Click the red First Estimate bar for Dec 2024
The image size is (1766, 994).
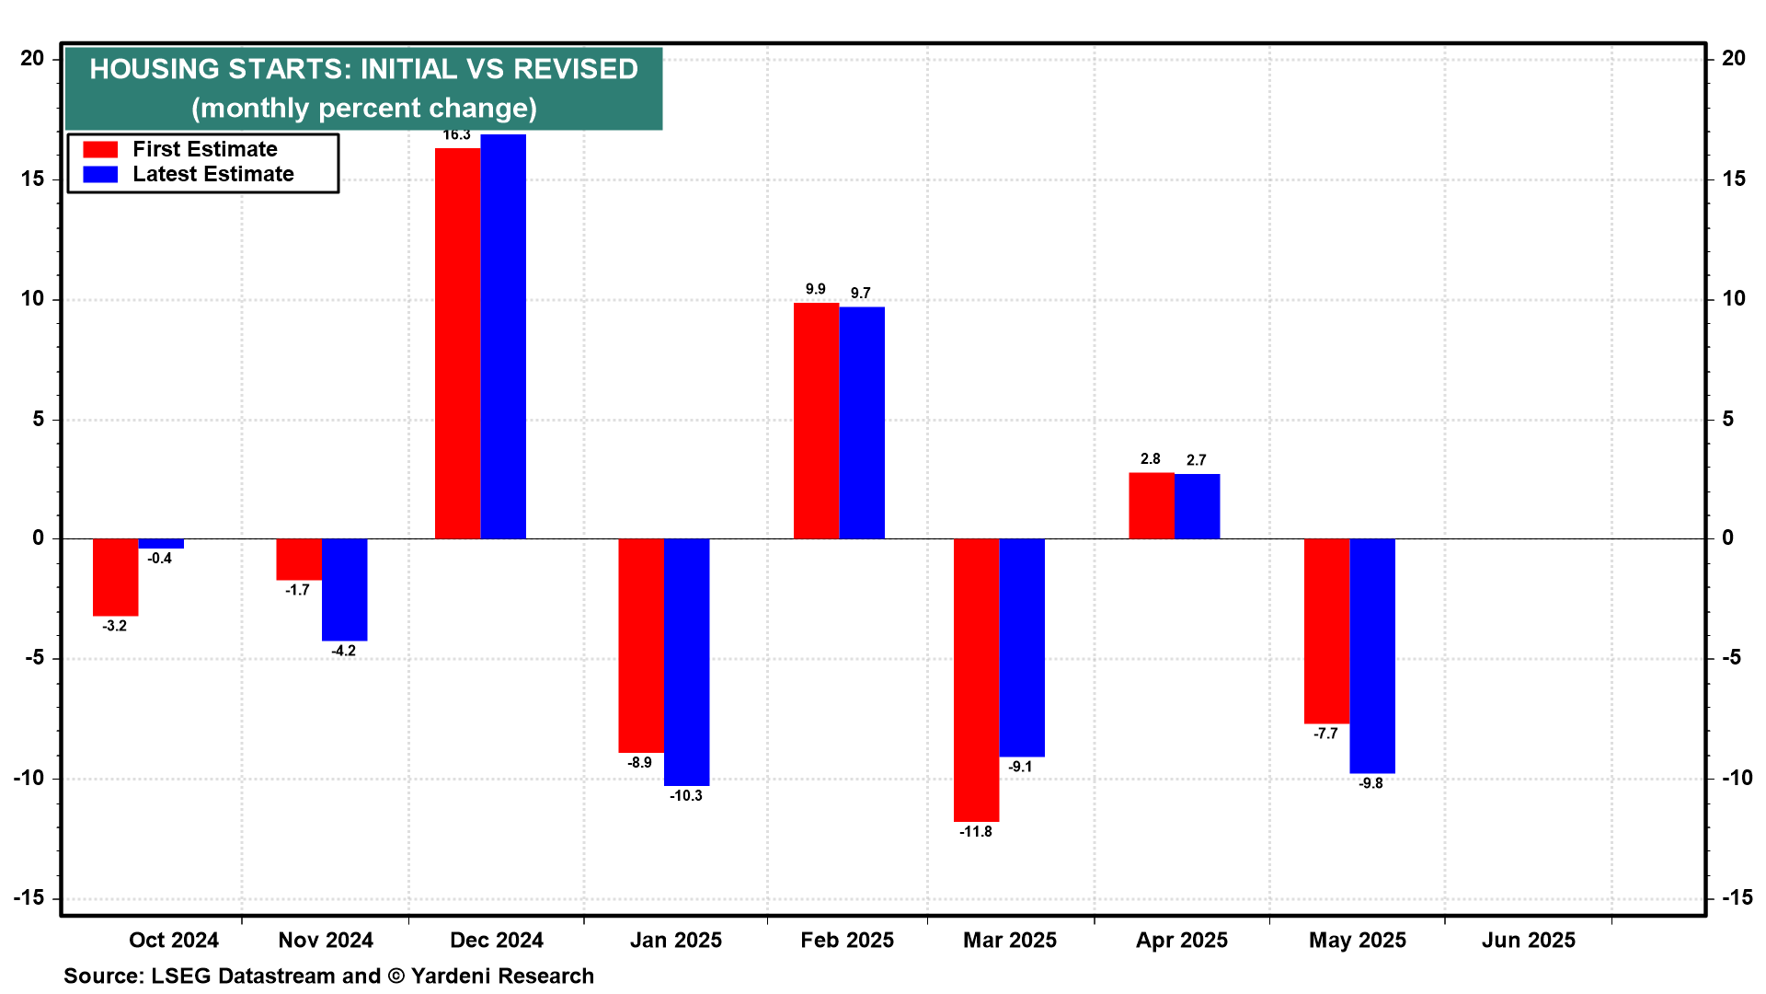(457, 343)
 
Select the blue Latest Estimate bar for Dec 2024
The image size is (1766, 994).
(503, 337)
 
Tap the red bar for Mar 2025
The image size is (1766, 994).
(976, 679)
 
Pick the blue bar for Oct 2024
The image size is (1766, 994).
(161, 544)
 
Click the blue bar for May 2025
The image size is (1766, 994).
(1372, 655)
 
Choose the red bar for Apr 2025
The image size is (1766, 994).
(1152, 505)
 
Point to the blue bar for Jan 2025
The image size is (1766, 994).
(686, 662)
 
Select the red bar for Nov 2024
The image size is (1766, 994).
(299, 560)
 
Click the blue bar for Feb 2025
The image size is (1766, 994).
(862, 422)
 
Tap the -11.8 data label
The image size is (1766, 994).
(976, 832)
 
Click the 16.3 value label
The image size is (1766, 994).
(456, 135)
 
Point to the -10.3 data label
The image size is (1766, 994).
(686, 796)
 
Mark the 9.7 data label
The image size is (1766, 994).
(860, 294)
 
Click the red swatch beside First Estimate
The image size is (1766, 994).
(100, 150)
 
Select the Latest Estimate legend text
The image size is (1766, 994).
(213, 175)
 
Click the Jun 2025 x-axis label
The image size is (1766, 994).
(1528, 941)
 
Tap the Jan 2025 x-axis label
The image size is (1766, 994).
(676, 941)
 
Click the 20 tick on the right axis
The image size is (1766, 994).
(1733, 59)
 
